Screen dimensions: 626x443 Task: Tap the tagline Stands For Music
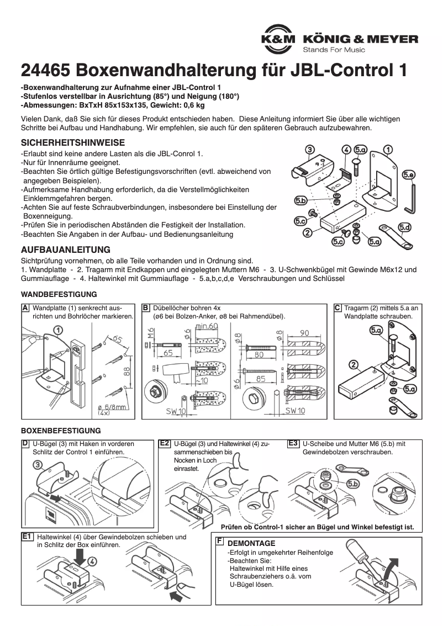[x=334, y=50]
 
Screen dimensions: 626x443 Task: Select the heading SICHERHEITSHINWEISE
[x=72, y=142]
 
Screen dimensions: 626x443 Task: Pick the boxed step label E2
[x=164, y=443]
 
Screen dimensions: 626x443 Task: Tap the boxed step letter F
[x=220, y=542]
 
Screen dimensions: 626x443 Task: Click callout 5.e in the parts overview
[x=409, y=175]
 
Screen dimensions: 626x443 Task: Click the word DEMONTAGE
[x=251, y=543]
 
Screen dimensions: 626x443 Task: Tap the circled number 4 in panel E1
[x=92, y=560]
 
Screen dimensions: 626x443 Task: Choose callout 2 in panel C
[x=354, y=364]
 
